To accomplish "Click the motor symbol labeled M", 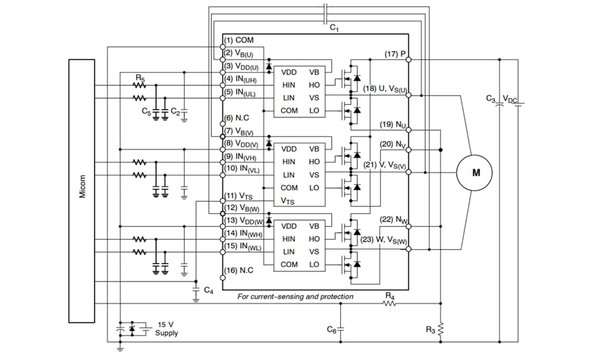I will (x=476, y=173).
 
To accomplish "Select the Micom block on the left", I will (x=82, y=190).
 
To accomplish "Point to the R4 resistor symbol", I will (x=390, y=303).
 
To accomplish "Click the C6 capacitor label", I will (x=331, y=330).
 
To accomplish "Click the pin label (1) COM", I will (x=239, y=41).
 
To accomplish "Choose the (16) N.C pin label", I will (x=239, y=270).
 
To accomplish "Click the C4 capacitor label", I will (x=208, y=290).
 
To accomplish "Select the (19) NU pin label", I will (x=393, y=125).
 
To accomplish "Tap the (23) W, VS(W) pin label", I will (x=383, y=240).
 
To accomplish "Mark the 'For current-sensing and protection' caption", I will (x=295, y=297).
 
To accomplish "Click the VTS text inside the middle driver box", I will (x=288, y=202).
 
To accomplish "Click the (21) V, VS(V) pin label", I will (x=385, y=163).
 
